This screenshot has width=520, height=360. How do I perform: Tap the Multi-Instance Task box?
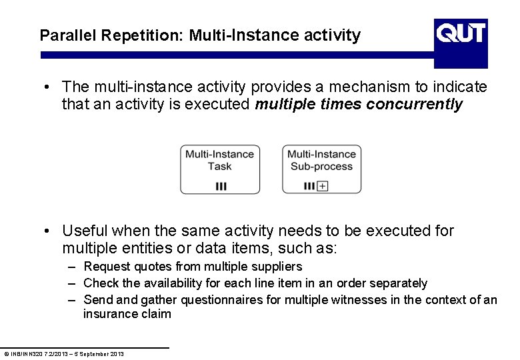pos(219,169)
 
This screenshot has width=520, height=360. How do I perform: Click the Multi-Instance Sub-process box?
pos(321,169)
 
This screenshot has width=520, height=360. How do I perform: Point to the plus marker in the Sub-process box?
pos(323,186)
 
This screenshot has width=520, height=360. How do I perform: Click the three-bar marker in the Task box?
pos(221,187)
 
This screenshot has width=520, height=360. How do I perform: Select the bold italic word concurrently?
pos(414,105)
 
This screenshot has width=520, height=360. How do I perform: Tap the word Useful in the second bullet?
pos(84,231)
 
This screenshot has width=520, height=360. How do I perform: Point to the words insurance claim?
pos(127,314)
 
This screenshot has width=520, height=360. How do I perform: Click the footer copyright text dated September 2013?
pos(64,353)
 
